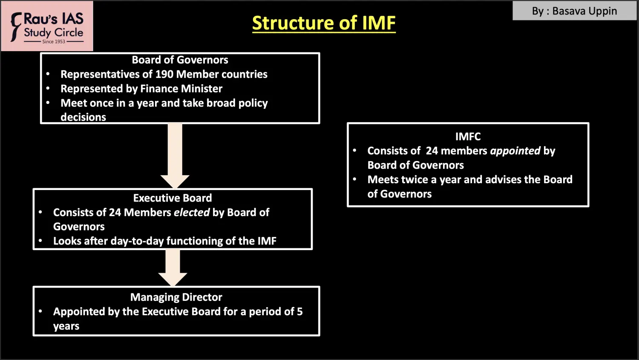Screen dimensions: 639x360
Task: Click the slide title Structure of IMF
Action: point(324,23)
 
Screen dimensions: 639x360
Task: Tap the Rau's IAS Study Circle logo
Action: point(47,26)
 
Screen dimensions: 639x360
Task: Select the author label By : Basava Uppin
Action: point(574,11)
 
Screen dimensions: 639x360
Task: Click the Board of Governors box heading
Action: point(180,60)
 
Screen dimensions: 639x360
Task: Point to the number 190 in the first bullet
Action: point(164,74)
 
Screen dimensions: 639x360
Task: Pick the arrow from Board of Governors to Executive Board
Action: point(175,156)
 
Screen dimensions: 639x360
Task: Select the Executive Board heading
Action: point(173,198)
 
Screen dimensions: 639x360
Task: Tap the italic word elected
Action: point(192,213)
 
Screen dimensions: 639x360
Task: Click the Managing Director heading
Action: point(176,297)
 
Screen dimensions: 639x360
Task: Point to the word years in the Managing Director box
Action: point(66,326)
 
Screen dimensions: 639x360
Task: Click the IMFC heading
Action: point(468,137)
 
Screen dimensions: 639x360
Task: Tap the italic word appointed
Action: point(515,151)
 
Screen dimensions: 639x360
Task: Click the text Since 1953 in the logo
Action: point(54,42)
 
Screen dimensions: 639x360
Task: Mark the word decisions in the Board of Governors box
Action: point(83,117)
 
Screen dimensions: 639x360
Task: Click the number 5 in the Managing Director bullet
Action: point(300,312)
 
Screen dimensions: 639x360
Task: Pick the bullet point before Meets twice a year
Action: point(354,179)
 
